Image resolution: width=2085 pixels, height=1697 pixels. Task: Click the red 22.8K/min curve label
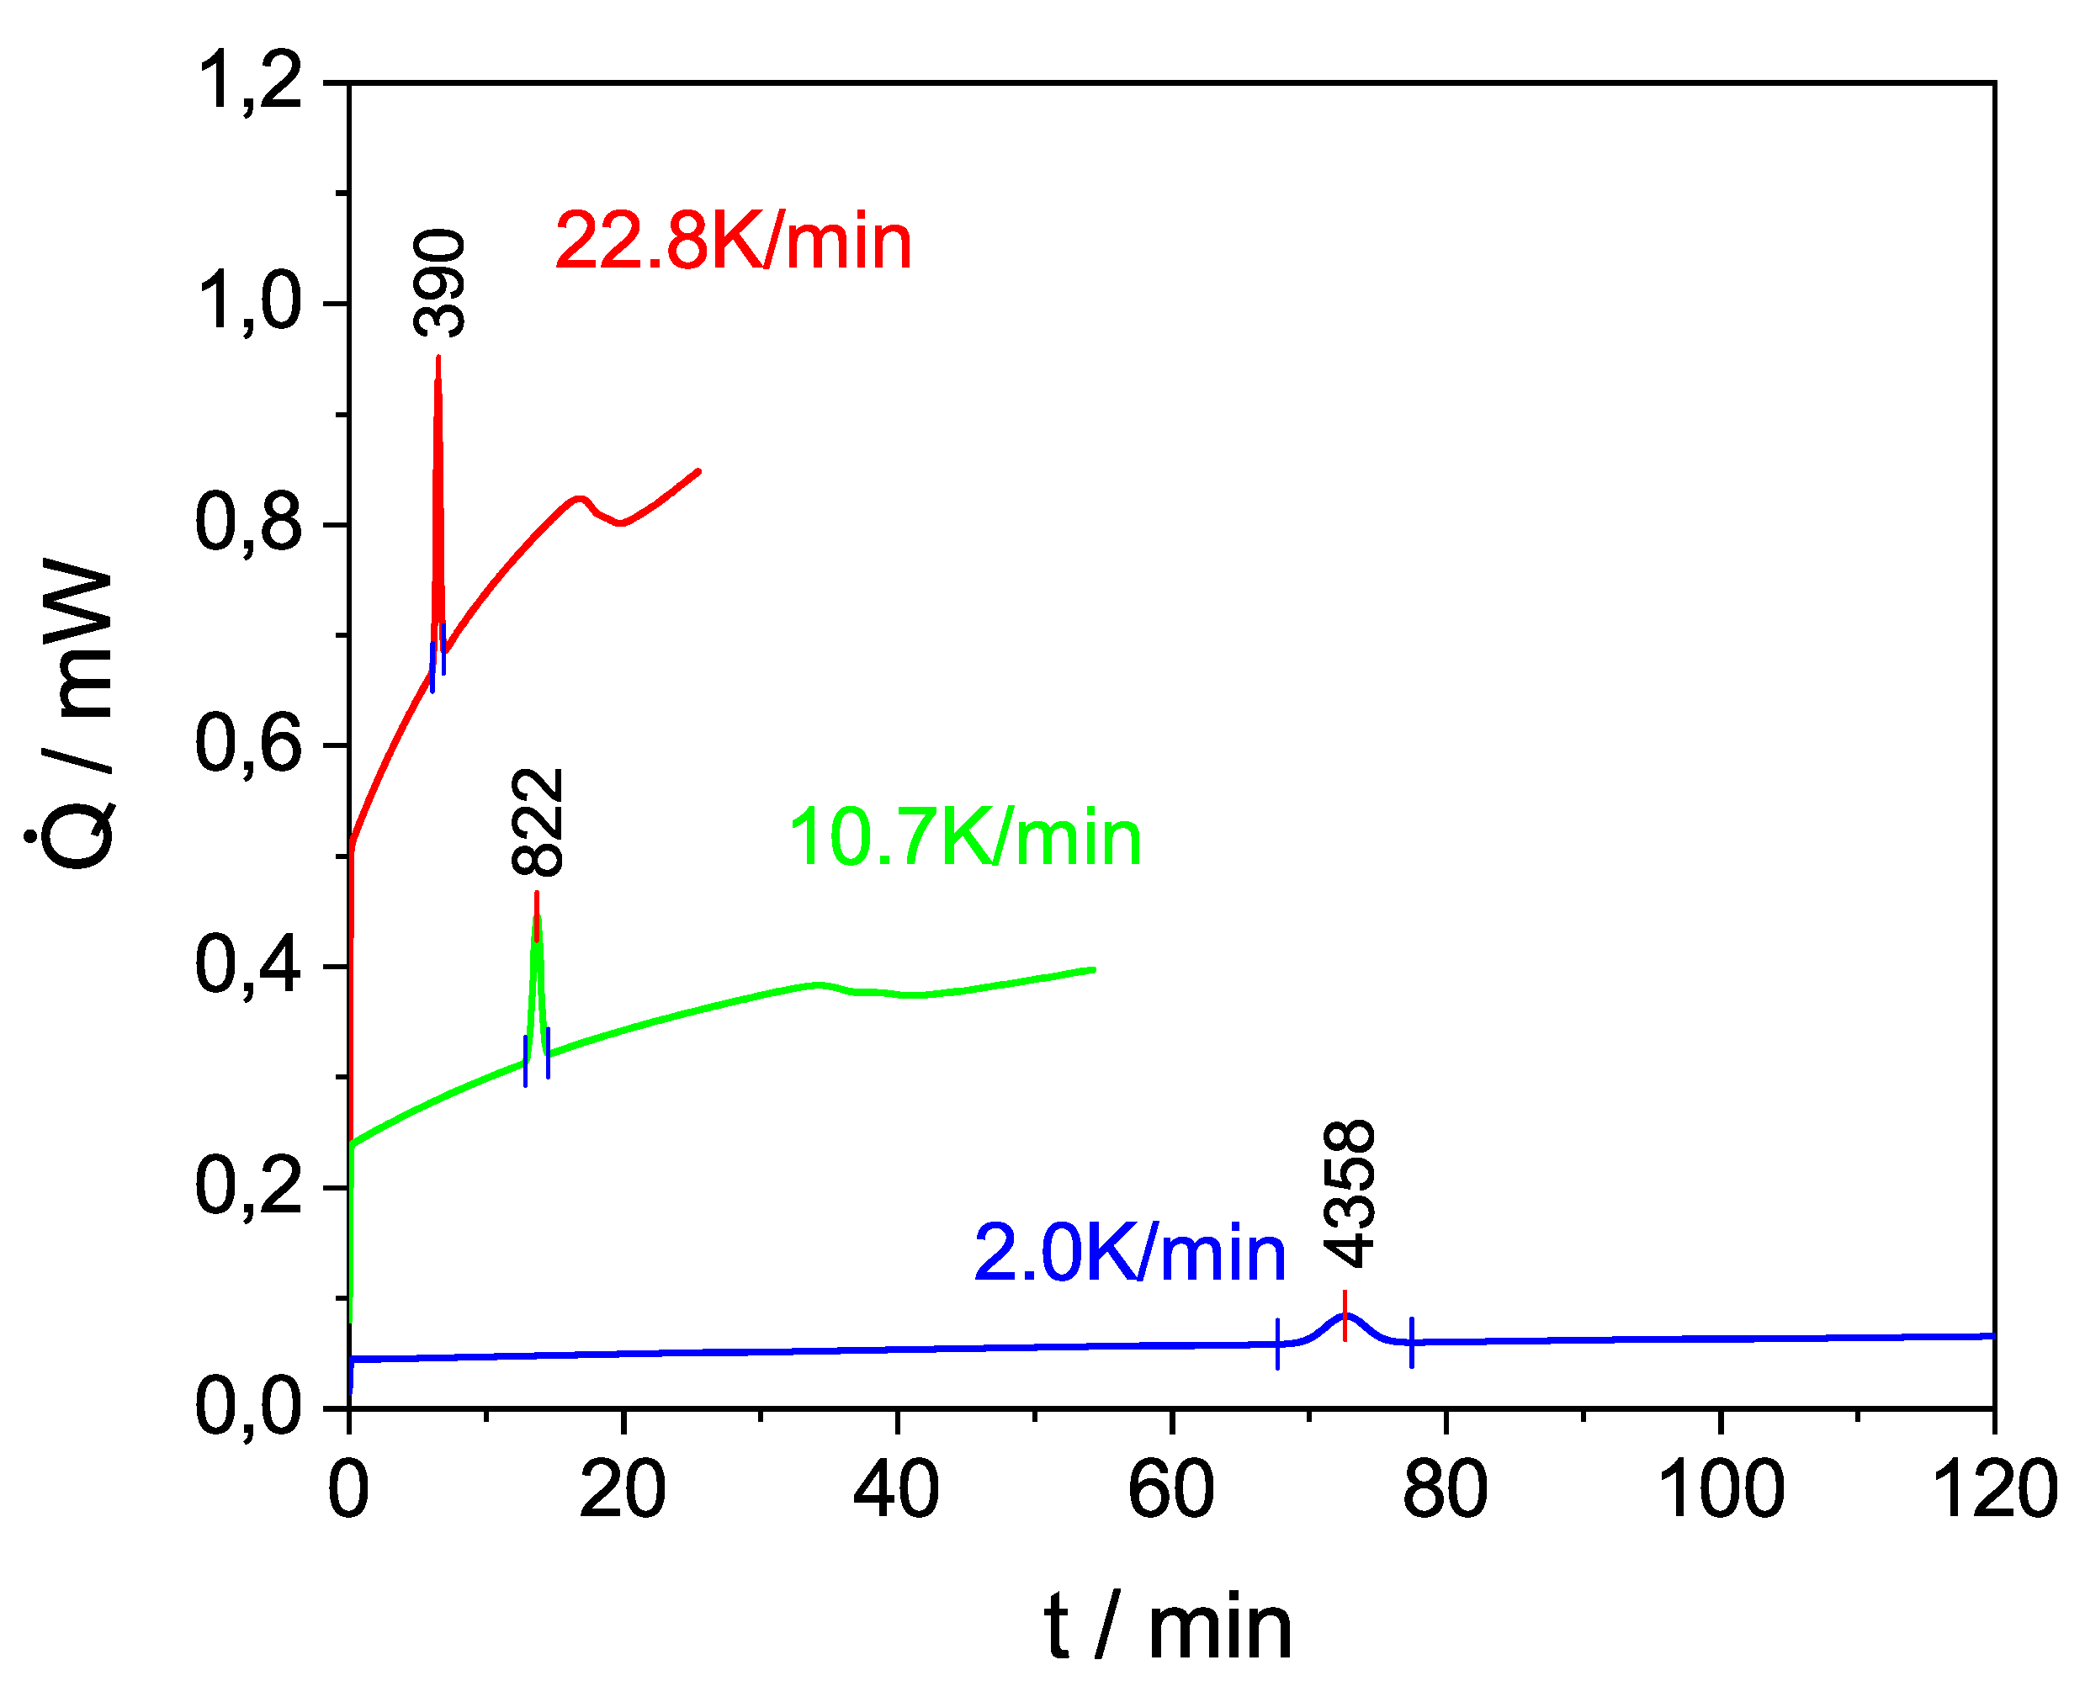click(733, 241)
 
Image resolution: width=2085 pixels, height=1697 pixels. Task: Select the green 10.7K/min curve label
click(965, 838)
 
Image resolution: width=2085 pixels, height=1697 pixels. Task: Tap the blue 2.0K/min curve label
click(1129, 1254)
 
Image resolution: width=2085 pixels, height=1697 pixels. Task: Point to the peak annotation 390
click(440, 284)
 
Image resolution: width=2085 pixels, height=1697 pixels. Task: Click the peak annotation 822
click(538, 821)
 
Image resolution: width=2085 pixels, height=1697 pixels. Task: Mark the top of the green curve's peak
click(537, 914)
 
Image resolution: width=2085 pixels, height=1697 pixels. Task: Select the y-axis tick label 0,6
click(248, 744)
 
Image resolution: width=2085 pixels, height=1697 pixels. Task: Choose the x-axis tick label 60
click(1171, 1489)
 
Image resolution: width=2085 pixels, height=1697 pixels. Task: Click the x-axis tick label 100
click(1722, 1489)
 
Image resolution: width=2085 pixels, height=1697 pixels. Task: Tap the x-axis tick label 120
click(1995, 1489)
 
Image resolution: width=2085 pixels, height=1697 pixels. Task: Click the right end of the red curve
click(698, 471)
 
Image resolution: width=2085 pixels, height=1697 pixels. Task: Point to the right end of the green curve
click(1093, 970)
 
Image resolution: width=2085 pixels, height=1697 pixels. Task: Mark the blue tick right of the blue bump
click(1412, 1342)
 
